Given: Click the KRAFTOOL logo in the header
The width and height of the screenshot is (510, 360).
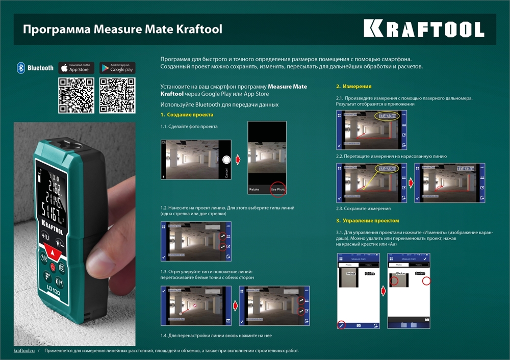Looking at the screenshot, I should [424, 29].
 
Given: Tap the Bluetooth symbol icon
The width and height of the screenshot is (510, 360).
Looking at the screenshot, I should [21, 68].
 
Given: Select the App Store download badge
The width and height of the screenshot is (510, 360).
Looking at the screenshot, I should [76, 68].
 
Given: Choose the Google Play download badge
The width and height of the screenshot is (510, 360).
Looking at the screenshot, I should [117, 68].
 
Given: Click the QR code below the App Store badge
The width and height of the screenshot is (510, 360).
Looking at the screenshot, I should [76, 95].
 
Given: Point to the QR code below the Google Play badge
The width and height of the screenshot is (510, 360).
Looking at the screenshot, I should [117, 95].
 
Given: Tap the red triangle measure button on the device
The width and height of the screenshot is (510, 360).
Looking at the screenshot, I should [53, 250].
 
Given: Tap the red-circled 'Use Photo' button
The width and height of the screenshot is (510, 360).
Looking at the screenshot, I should [278, 189].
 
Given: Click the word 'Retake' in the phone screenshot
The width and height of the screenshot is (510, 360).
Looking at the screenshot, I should [254, 189].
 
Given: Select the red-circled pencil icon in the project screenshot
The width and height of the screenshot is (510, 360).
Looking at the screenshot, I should [341, 324].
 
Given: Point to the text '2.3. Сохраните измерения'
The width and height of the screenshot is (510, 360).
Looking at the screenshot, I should [363, 209].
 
